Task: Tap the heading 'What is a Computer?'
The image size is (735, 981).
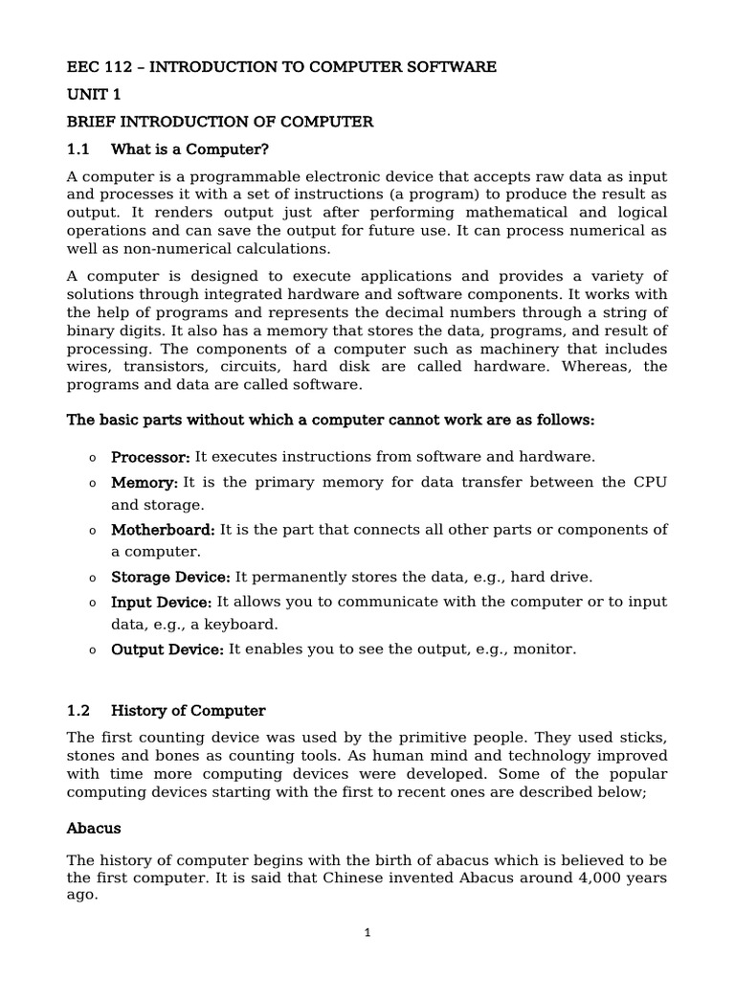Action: coord(190,149)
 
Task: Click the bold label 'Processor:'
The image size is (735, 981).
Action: coord(151,457)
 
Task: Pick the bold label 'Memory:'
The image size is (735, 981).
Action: coord(145,482)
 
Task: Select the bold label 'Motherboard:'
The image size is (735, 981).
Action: coord(164,530)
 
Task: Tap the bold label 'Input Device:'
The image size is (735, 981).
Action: coord(162,602)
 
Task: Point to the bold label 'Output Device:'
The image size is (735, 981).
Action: coord(167,650)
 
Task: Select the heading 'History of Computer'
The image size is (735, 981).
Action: coord(189,711)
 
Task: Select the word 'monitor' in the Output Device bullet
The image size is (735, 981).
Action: coord(546,650)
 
